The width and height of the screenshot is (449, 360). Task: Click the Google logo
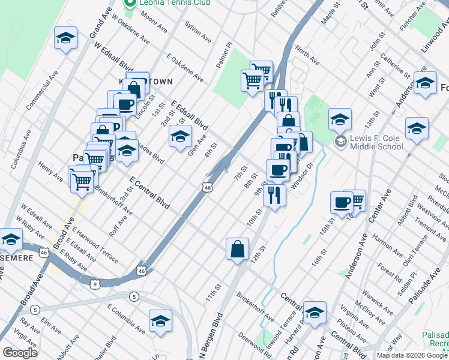[20, 353]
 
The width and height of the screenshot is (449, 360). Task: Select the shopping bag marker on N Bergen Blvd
[238, 249]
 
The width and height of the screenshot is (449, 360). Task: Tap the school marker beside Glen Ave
[180, 137]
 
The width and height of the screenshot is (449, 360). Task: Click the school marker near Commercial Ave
[66, 38]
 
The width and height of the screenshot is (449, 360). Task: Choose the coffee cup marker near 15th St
[342, 203]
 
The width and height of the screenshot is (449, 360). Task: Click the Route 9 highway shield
[96, 282]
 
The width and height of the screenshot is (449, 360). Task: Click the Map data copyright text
[412, 355]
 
